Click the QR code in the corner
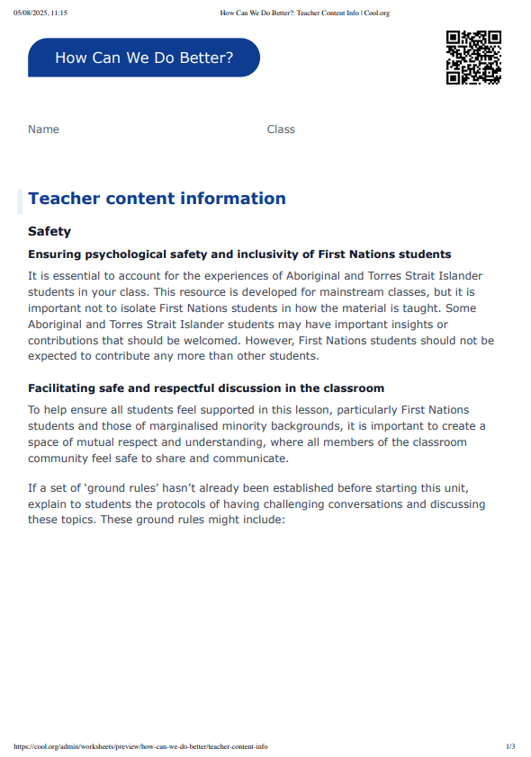pos(473,58)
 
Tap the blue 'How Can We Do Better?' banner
pos(144,58)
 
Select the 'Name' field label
pos(43,129)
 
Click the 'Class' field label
pos(281,129)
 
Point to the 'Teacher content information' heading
pos(157,199)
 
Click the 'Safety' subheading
pos(49,231)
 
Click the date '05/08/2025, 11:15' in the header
pos(40,13)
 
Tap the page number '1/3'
pos(510,746)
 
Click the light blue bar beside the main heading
pos(20,201)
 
